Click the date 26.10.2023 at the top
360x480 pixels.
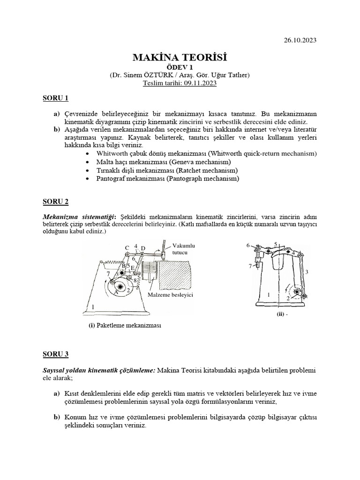[300, 40]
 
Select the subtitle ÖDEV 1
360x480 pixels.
[180, 67]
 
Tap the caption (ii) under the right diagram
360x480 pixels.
[281, 315]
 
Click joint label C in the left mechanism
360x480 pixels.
[127, 247]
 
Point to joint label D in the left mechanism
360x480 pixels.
[143, 247]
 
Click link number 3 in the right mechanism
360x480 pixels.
[306, 272]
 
